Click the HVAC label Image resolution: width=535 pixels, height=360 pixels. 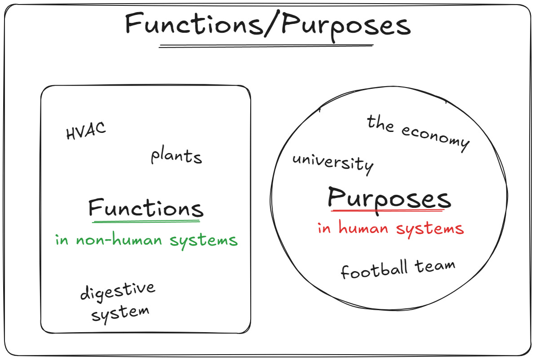[86, 131]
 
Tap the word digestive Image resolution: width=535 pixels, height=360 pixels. [118, 291]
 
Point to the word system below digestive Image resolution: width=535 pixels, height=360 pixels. [120, 312]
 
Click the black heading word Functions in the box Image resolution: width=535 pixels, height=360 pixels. [146, 208]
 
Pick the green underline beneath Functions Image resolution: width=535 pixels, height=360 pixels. [146, 221]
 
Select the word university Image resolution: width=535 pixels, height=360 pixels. [332, 162]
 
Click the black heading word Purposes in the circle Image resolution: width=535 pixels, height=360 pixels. [389, 198]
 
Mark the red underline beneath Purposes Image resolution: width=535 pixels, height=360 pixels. [390, 210]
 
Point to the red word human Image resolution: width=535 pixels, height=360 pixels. [363, 228]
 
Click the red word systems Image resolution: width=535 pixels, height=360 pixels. [430, 229]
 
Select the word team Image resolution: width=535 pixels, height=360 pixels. [435, 266]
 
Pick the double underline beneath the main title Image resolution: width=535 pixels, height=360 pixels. [266, 45]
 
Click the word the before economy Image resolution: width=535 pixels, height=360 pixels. [380, 123]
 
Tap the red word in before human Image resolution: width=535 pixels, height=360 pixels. [324, 228]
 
